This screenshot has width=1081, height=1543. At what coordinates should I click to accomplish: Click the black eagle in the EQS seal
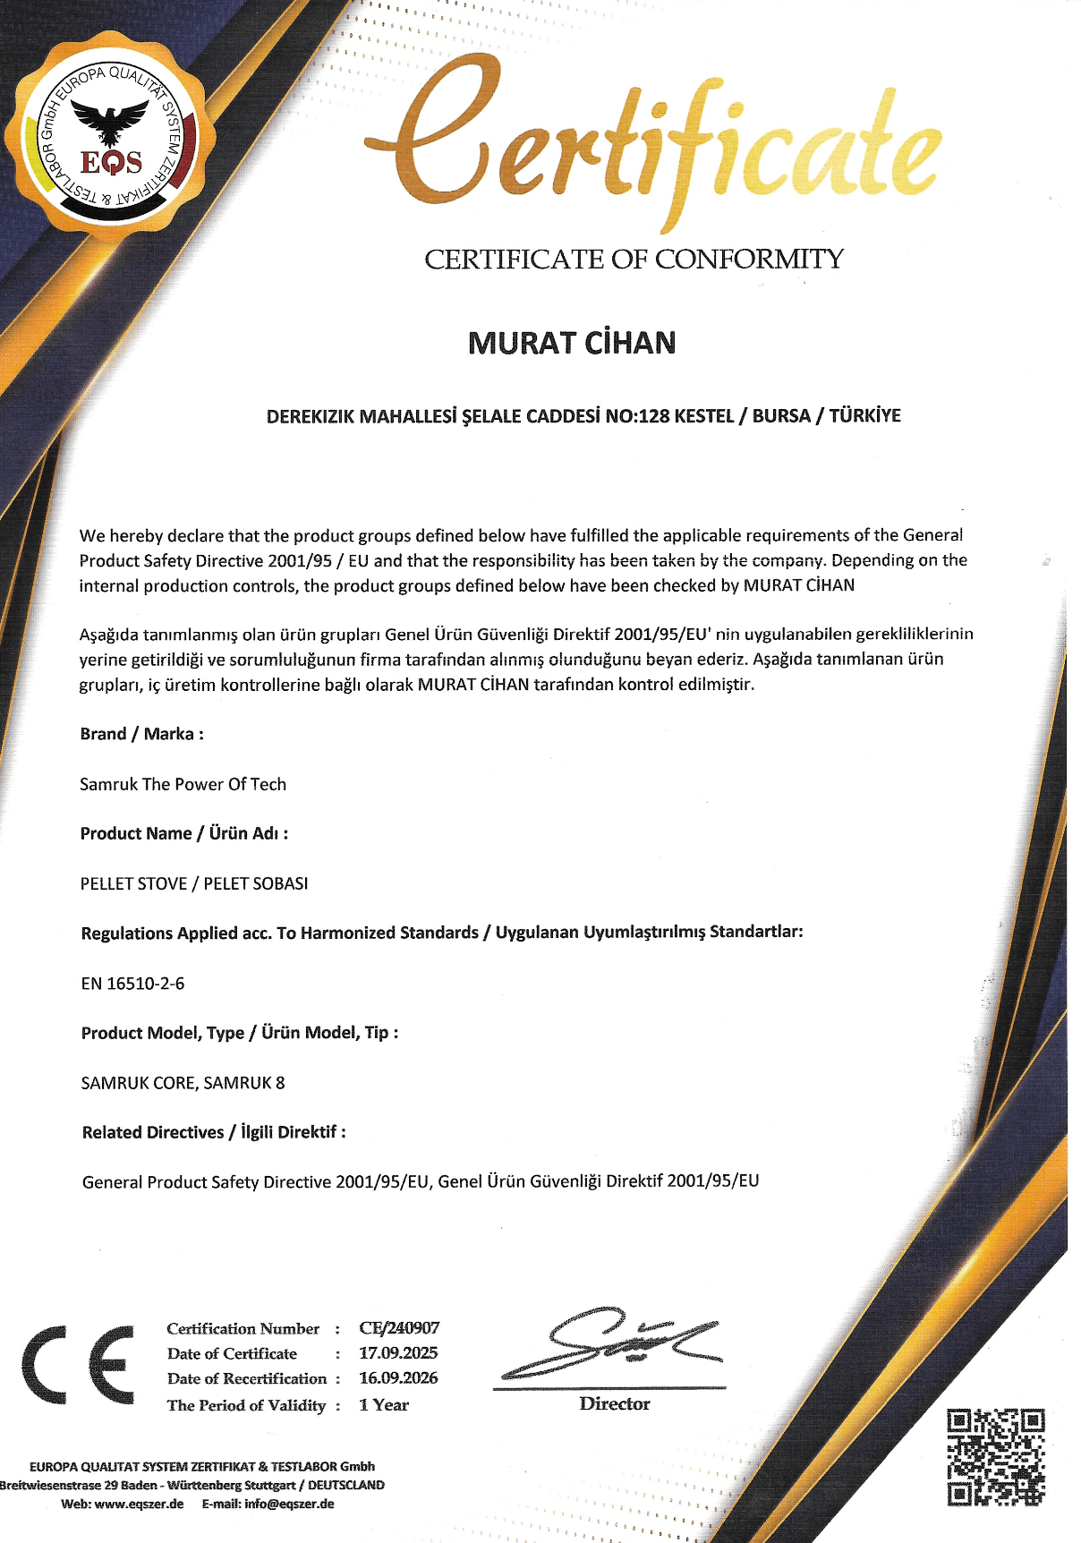click(x=110, y=120)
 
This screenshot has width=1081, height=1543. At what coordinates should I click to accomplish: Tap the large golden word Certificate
click(x=653, y=143)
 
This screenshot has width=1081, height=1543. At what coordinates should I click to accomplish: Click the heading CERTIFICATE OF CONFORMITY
click(x=634, y=260)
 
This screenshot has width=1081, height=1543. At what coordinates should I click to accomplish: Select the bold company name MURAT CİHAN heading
click(x=572, y=343)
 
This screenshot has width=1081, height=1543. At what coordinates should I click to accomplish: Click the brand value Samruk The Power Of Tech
click(x=183, y=784)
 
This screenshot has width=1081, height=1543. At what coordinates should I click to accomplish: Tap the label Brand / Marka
click(x=142, y=734)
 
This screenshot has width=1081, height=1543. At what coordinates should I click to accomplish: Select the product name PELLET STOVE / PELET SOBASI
click(x=194, y=883)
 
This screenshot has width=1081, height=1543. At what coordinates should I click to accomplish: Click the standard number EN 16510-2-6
click(x=132, y=983)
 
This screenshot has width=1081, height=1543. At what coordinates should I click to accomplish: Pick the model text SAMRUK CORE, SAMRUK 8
click(x=183, y=1083)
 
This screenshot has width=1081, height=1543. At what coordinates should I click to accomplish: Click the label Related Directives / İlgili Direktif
click(x=214, y=1132)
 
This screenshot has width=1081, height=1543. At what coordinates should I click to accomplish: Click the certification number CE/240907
click(x=399, y=1328)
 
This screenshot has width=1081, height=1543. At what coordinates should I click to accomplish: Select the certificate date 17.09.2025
click(x=398, y=1353)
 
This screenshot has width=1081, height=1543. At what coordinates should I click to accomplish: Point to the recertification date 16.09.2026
click(x=398, y=1378)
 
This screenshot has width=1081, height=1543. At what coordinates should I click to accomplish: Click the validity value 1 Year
click(x=384, y=1405)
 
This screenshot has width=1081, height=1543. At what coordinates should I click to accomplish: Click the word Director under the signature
click(x=615, y=1403)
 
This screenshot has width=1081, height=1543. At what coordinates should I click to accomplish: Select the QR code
click(x=996, y=1456)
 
